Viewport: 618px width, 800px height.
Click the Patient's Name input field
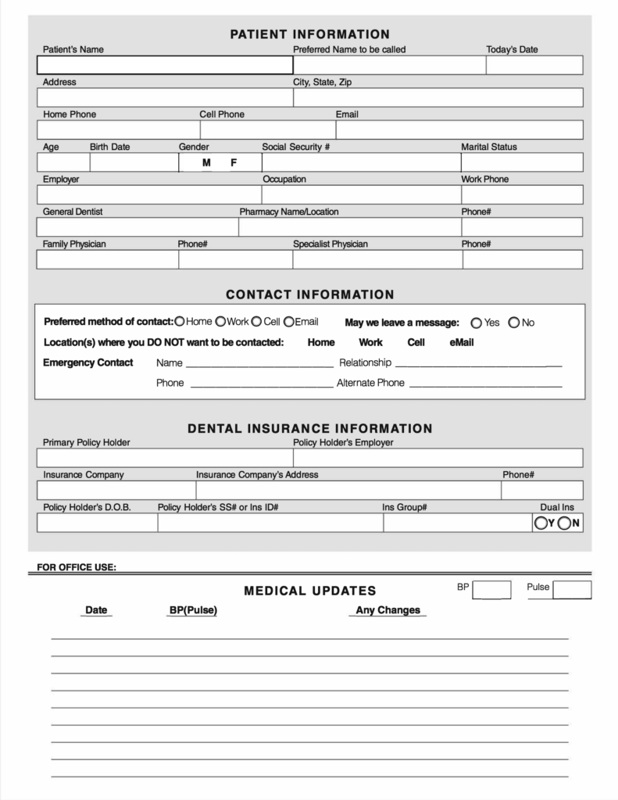pyautogui.click(x=165, y=65)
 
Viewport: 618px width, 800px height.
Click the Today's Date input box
pyautogui.click(x=534, y=65)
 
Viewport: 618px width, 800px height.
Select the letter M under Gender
pyautogui.click(x=206, y=162)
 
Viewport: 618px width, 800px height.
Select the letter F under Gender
pyautogui.click(x=233, y=162)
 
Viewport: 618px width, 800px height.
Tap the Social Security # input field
pyautogui.click(x=361, y=162)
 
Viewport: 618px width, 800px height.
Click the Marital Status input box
pyautogui.click(x=521, y=162)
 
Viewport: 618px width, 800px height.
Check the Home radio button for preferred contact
pyautogui.click(x=180, y=321)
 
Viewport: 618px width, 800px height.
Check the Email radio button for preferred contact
pyautogui.click(x=288, y=321)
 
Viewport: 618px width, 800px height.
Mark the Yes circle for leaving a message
pyautogui.click(x=477, y=323)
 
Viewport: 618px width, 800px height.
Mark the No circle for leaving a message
pyautogui.click(x=514, y=323)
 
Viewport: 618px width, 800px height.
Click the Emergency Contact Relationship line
pyautogui.click(x=477, y=363)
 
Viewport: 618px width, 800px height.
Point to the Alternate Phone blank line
pyautogui.click(x=485, y=384)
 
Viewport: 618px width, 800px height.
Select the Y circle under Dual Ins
pyautogui.click(x=541, y=523)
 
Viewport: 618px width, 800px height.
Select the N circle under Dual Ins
pyautogui.click(x=565, y=523)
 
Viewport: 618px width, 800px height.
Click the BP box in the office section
pyautogui.click(x=491, y=590)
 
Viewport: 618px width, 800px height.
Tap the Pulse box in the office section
pyautogui.click(x=572, y=590)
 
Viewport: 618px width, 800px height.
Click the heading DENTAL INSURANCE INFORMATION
pyautogui.click(x=309, y=428)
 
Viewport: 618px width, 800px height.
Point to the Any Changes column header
pyautogui.click(x=388, y=610)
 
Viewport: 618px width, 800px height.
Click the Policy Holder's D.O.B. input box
pyautogui.click(x=97, y=523)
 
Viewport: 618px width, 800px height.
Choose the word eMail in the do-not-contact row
pyautogui.click(x=462, y=342)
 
